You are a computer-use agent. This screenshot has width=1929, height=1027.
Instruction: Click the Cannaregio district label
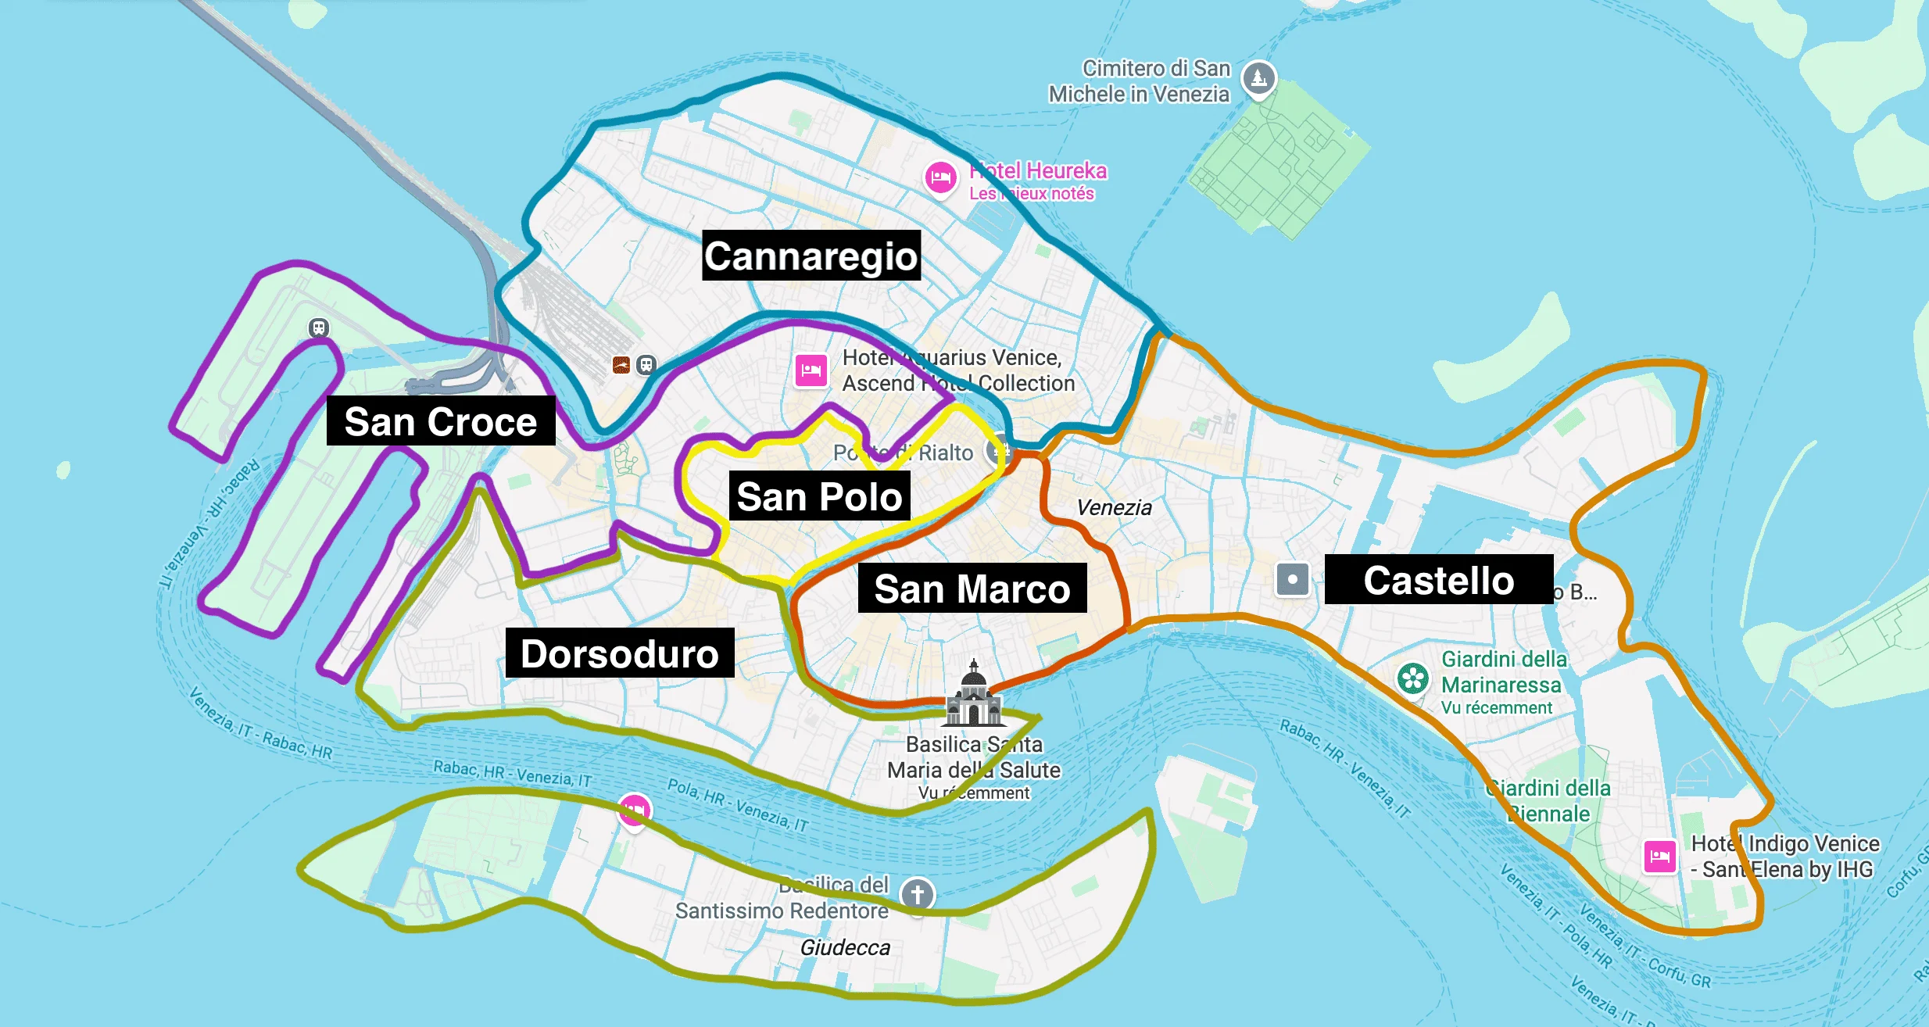pyautogui.click(x=811, y=256)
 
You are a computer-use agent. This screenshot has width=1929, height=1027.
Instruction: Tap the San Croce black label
pyautogui.click(x=440, y=421)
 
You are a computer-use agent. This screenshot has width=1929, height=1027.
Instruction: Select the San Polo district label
pyautogui.click(x=819, y=496)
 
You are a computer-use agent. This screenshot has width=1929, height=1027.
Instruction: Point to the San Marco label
pyautogui.click(x=972, y=588)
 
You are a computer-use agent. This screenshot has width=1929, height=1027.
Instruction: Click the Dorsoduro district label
pyautogui.click(x=619, y=653)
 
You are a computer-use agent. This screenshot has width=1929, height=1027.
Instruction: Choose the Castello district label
pyautogui.click(x=1438, y=580)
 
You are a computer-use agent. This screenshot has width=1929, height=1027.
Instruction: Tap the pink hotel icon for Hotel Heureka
pyautogui.click(x=940, y=178)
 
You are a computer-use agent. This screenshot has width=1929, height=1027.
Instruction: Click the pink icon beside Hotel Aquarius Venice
pyautogui.click(x=811, y=370)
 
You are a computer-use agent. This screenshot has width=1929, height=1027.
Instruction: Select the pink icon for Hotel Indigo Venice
pyautogui.click(x=1659, y=856)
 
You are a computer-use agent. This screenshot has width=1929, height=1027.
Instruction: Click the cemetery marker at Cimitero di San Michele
pyautogui.click(x=1258, y=77)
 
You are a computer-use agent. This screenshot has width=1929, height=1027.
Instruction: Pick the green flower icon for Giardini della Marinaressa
pyautogui.click(x=1412, y=678)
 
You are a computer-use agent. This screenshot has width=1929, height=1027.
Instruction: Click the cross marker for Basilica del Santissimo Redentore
pyautogui.click(x=917, y=893)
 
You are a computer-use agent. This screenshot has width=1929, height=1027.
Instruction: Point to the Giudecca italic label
pyautogui.click(x=845, y=947)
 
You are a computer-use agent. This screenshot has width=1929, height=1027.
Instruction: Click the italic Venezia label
pyautogui.click(x=1114, y=507)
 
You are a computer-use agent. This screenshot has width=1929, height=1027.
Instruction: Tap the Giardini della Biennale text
pyautogui.click(x=1548, y=800)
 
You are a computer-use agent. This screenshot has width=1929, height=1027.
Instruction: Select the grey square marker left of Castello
pyautogui.click(x=1292, y=580)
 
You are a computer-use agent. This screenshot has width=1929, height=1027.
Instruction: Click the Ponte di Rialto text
pyautogui.click(x=903, y=453)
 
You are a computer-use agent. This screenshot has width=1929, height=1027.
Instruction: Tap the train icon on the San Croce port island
pyautogui.click(x=318, y=328)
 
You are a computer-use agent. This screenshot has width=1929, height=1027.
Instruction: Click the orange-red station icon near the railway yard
pyautogui.click(x=621, y=365)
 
